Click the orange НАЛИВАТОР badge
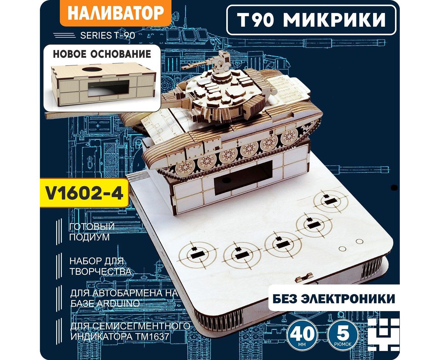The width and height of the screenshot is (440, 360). click(115, 13)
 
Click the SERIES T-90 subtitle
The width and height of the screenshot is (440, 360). click(108, 35)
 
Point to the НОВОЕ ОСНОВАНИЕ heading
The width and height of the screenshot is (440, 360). click(102, 54)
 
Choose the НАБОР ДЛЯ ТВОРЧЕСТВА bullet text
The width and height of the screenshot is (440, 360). click(100, 266)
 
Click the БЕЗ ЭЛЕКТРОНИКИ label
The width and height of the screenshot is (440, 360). click(334, 298)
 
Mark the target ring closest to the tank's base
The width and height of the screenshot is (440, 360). click(331, 202)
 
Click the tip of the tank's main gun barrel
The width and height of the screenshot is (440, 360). click(46, 115)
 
